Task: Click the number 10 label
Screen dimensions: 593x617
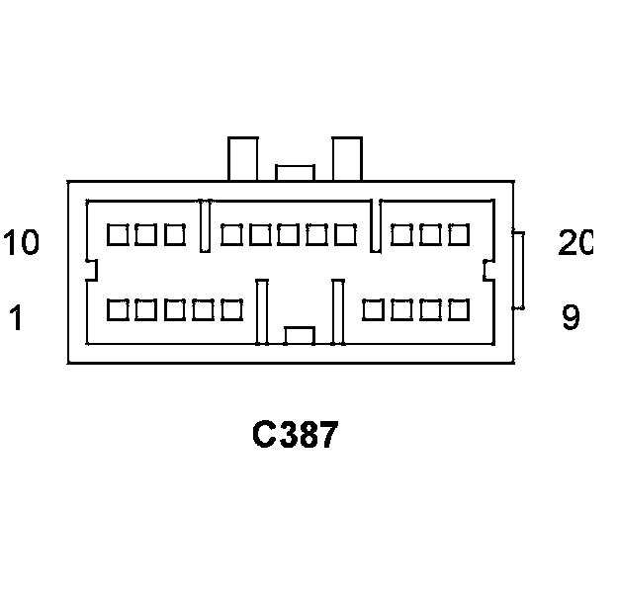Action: point(21,242)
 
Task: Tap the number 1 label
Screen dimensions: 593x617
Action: point(17,318)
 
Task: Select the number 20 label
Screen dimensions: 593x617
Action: point(573,242)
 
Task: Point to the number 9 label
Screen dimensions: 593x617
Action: point(571,318)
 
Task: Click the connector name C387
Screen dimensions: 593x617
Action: point(295,434)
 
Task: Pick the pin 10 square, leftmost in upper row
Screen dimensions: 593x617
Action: point(118,235)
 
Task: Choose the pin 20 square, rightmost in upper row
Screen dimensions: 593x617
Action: point(459,235)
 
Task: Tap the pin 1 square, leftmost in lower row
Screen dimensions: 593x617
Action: point(118,310)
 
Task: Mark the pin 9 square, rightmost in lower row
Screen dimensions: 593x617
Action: point(459,310)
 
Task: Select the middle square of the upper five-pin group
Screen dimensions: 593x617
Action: point(289,235)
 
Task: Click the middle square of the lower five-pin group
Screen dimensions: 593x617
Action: point(175,310)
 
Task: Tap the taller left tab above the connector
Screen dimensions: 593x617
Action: point(242,158)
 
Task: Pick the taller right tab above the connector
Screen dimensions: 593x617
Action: point(346,158)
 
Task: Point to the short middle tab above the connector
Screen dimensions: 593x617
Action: point(295,173)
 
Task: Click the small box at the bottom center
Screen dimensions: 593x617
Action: point(299,335)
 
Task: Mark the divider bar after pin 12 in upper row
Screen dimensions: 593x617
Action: point(206,225)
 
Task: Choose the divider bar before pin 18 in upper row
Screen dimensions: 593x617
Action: point(376,225)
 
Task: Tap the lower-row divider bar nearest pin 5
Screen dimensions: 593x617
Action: point(263,311)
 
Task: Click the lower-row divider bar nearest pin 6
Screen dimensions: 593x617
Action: point(337,311)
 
